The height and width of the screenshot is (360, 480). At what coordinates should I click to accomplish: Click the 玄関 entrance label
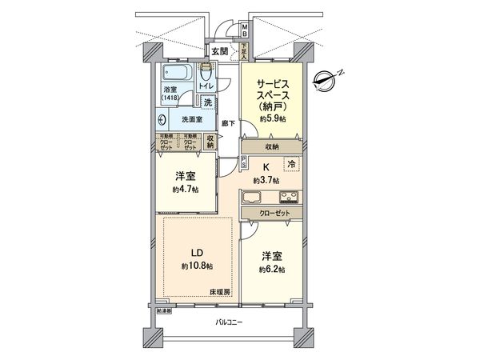point(220,53)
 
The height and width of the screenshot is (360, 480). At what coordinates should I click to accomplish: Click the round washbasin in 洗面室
point(163,120)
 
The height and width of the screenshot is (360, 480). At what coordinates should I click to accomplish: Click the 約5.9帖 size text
point(272,118)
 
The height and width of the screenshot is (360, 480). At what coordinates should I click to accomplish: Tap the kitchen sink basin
point(253,197)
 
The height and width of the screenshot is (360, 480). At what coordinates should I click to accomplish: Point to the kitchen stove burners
point(288,197)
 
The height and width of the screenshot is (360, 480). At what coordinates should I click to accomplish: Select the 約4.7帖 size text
point(186,190)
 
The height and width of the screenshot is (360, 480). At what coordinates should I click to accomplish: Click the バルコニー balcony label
point(229,322)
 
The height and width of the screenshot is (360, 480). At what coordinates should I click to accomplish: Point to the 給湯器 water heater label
point(163,309)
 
